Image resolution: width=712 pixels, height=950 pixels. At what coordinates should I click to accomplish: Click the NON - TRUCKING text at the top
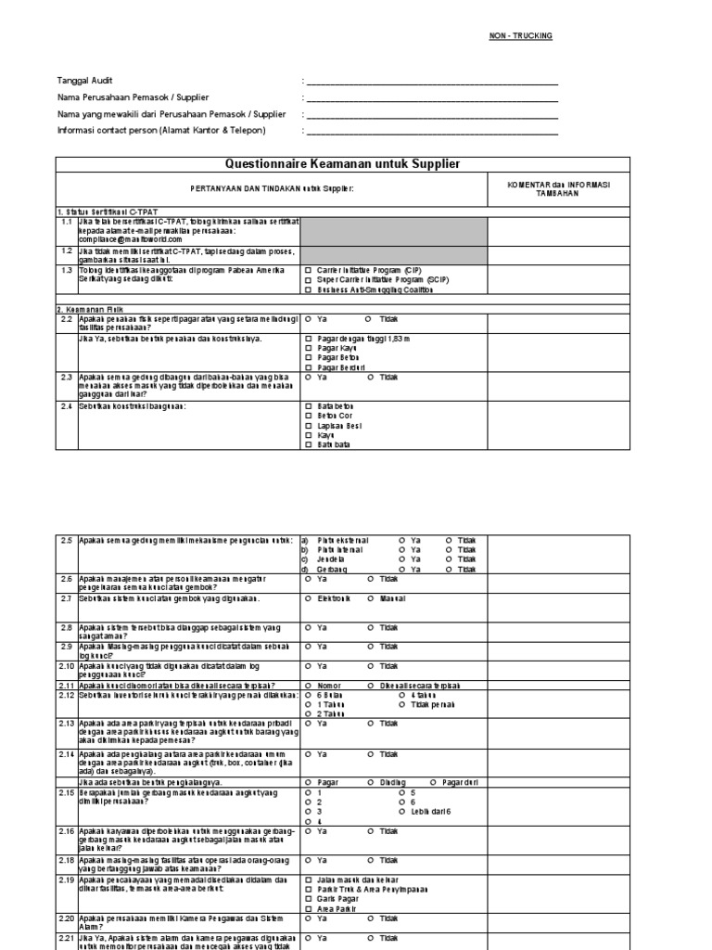pyautogui.click(x=520, y=35)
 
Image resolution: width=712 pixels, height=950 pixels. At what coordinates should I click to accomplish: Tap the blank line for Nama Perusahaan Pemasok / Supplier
pyautogui.click(x=432, y=97)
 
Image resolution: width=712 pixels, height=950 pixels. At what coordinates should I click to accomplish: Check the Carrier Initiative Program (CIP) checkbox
pyautogui.click(x=309, y=270)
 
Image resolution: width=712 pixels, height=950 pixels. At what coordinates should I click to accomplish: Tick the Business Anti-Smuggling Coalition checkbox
pyautogui.click(x=309, y=289)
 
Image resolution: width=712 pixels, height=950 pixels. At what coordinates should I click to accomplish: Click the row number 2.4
pyautogui.click(x=67, y=406)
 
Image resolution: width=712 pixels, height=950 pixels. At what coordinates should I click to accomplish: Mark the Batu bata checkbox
pyautogui.click(x=309, y=445)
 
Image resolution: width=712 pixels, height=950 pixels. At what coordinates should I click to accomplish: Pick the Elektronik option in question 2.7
pyautogui.click(x=309, y=599)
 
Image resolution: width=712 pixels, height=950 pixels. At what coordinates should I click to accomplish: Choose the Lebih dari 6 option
pyautogui.click(x=400, y=812)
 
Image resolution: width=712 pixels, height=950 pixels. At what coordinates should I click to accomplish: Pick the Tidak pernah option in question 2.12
pyautogui.click(x=400, y=704)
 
